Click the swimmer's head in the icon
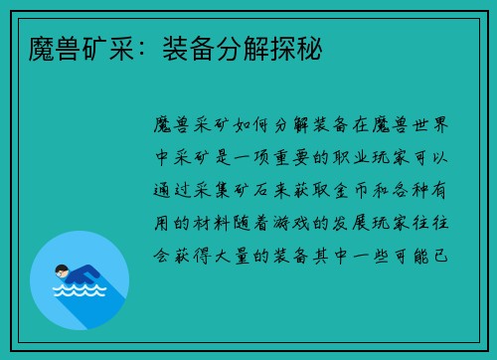(x=63, y=269)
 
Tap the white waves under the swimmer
(x=79, y=291)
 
